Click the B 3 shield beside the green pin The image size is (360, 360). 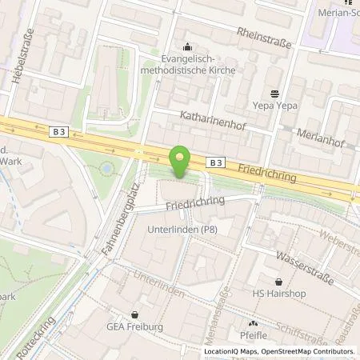click(214, 162)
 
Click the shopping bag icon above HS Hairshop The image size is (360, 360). click(278, 282)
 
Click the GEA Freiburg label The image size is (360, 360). click(134, 337)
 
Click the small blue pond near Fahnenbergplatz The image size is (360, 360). click(106, 170)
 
